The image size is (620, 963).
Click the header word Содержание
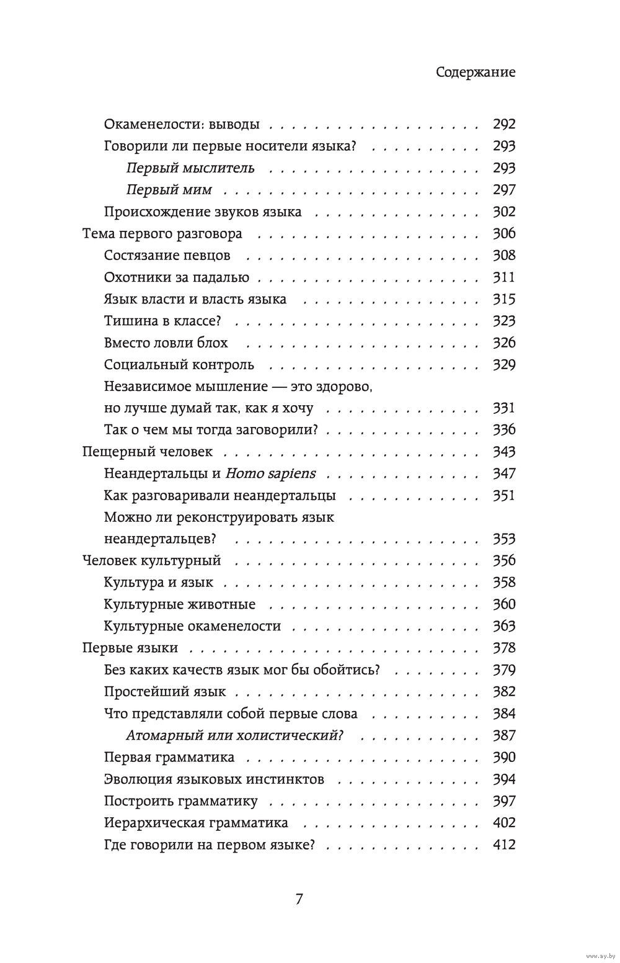[476, 73]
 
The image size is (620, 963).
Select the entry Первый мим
[169, 190]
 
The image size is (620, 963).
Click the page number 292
[504, 124]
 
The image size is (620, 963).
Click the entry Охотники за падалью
[177, 277]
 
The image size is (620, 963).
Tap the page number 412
[504, 844]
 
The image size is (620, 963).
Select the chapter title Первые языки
[130, 648]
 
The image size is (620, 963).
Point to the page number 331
[504, 408]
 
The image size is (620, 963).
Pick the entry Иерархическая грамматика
[196, 823]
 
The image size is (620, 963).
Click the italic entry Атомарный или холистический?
[235, 735]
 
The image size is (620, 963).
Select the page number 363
[504, 626]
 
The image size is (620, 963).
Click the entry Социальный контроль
[179, 365]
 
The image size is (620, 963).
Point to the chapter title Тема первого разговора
[162, 234]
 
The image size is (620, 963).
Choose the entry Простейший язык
[165, 692]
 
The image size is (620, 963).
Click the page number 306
[504, 234]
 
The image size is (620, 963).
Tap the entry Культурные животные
[180, 604]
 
